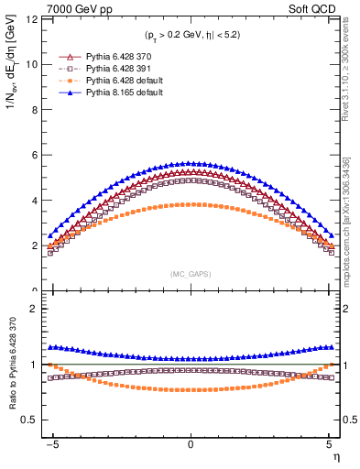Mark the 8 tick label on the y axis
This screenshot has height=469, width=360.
coord(34,110)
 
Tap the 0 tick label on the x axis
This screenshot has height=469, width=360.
coord(191,442)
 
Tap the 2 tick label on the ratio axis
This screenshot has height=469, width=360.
coord(34,309)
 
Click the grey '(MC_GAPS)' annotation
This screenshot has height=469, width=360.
coord(191,273)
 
